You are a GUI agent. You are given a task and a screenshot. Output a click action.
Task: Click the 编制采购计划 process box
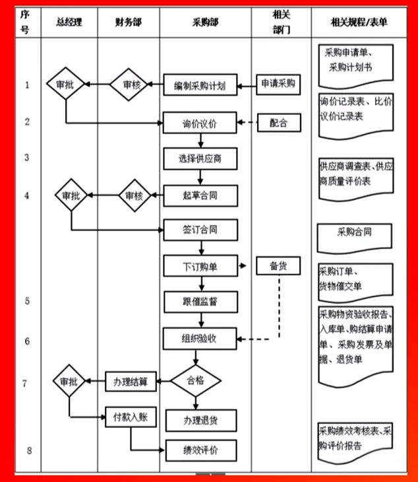pyautogui.click(x=200, y=85)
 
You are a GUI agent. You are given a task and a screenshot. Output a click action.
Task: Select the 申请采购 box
pyautogui.click(x=278, y=83)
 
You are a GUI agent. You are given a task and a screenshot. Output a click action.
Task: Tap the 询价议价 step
pyautogui.click(x=200, y=122)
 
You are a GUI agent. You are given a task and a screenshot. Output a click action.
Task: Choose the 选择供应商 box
pyautogui.click(x=200, y=158)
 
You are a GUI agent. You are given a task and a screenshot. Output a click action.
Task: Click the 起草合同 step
pyautogui.click(x=200, y=195)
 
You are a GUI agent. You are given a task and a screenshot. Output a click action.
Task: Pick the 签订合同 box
pyautogui.click(x=200, y=230)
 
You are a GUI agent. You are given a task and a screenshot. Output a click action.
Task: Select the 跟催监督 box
pyautogui.click(x=200, y=302)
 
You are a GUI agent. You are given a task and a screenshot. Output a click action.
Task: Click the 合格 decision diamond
pyautogui.click(x=196, y=381)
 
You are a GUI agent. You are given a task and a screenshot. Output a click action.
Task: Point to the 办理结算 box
pyautogui.click(x=131, y=381)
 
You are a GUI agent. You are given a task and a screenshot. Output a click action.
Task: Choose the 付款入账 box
pyautogui.click(x=131, y=417)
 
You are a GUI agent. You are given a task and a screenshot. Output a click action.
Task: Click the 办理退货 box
pyautogui.click(x=200, y=421)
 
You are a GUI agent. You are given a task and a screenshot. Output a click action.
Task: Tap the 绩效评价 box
pyautogui.click(x=200, y=450)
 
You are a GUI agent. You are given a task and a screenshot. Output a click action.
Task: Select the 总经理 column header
pyautogui.click(x=69, y=22)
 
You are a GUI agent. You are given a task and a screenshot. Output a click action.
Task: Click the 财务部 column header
pyautogui.click(x=129, y=22)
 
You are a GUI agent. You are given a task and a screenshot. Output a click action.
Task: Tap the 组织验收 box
pyautogui.click(x=200, y=338)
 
